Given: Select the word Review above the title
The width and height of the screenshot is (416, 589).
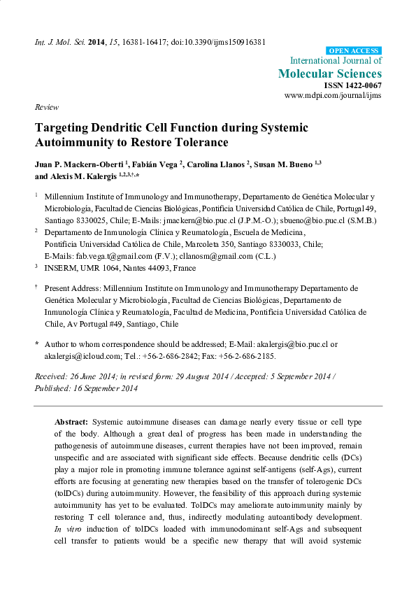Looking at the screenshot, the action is (45, 107).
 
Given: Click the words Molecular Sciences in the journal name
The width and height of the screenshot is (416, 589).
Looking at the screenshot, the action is (330, 73).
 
